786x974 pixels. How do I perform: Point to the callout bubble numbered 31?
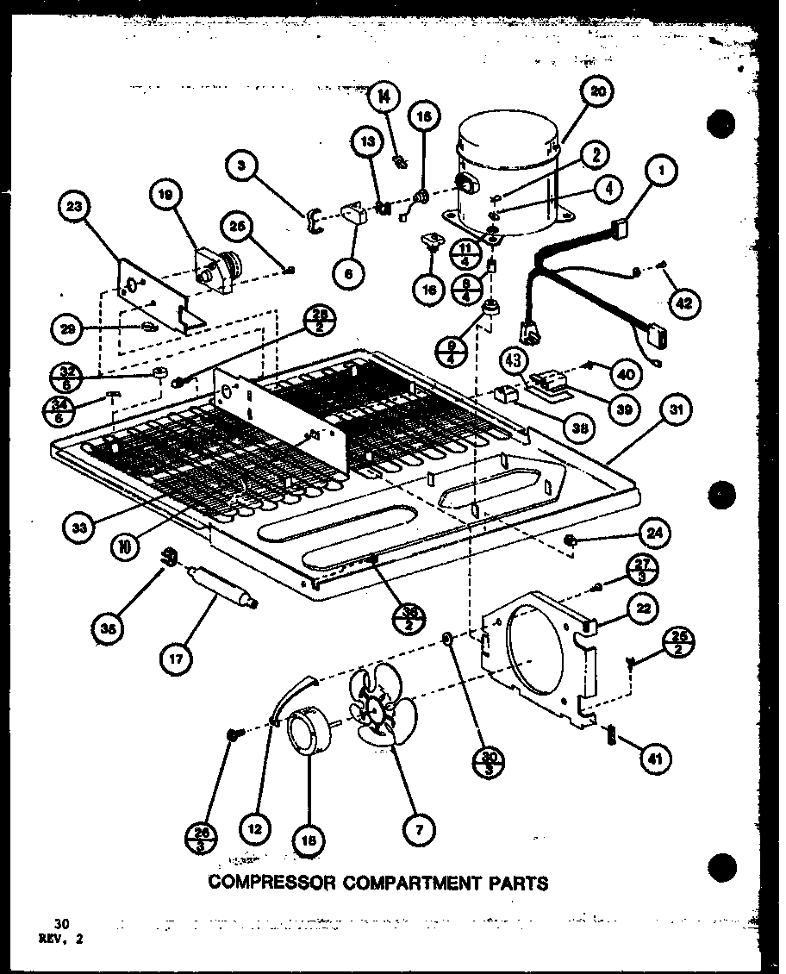click(678, 412)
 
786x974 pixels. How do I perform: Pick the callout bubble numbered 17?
click(176, 661)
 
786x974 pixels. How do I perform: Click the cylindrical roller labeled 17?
click(219, 588)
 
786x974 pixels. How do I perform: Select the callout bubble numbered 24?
click(655, 534)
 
